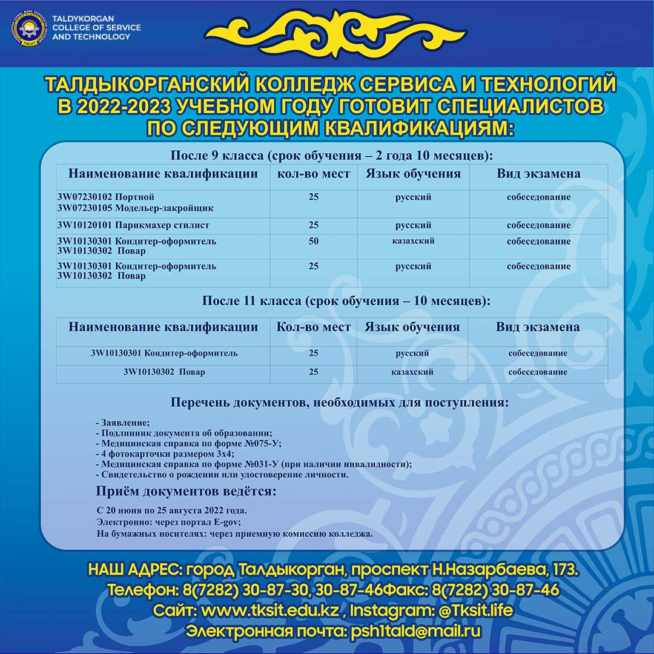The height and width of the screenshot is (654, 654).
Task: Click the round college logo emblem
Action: coord(28,28)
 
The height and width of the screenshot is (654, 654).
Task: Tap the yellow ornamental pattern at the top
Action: coord(335,34)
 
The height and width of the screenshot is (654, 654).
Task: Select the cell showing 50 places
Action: coord(313,241)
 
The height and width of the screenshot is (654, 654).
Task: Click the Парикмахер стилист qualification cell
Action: coord(133,225)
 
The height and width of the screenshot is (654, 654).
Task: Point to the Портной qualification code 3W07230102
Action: coord(84,197)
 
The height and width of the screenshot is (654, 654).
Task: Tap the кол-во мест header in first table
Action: coord(313,174)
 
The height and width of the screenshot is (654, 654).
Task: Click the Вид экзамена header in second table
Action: coord(538,328)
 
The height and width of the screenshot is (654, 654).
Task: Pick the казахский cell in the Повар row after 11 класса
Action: coord(412,372)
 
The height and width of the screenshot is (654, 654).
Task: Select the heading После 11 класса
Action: coord(345,301)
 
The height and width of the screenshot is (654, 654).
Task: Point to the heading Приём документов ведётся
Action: coord(187,490)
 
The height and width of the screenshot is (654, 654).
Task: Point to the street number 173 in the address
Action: coord(565,570)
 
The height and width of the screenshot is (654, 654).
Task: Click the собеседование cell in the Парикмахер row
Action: coord(538,225)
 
